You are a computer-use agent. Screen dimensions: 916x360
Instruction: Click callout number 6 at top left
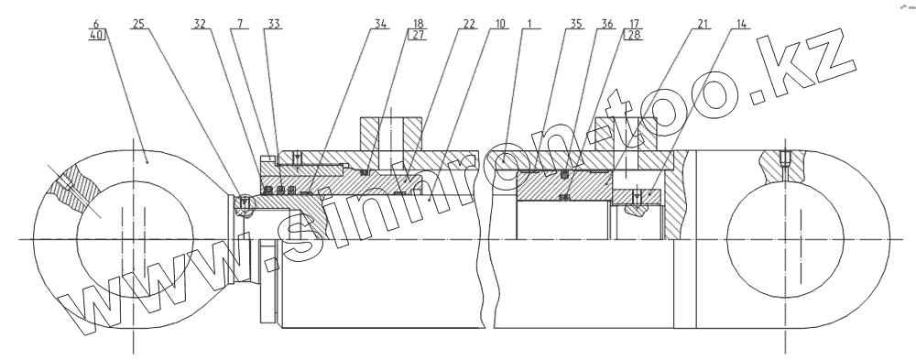click(x=96, y=24)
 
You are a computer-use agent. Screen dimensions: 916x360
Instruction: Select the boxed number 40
click(x=97, y=35)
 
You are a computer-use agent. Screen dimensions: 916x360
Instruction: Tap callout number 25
click(x=138, y=24)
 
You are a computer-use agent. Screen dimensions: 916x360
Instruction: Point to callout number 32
click(x=199, y=24)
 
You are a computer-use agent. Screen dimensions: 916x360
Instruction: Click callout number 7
click(x=239, y=24)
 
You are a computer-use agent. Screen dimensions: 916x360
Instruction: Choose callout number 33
click(x=274, y=24)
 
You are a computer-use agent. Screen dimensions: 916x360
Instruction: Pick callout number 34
click(x=380, y=24)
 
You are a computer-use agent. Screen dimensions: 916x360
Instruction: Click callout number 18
click(x=419, y=24)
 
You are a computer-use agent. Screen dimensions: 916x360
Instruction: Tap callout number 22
click(x=469, y=24)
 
